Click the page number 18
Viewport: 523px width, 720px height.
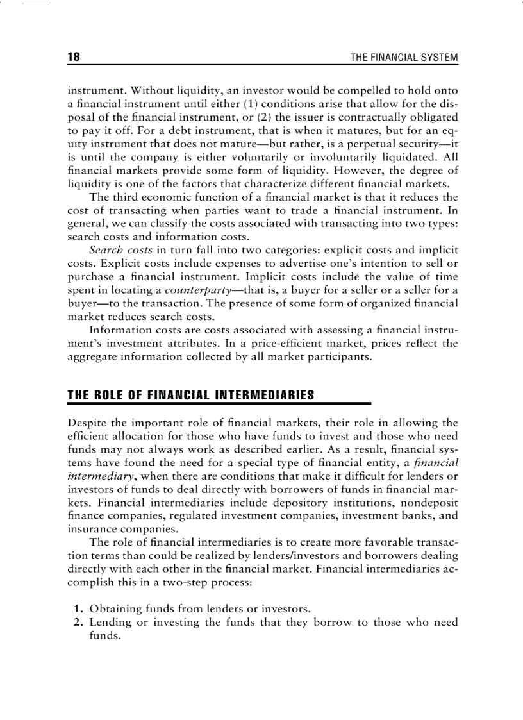(x=74, y=58)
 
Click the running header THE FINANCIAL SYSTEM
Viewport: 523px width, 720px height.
(x=404, y=58)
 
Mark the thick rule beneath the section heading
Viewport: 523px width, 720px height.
(x=219, y=403)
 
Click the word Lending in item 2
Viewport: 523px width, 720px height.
(x=110, y=622)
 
